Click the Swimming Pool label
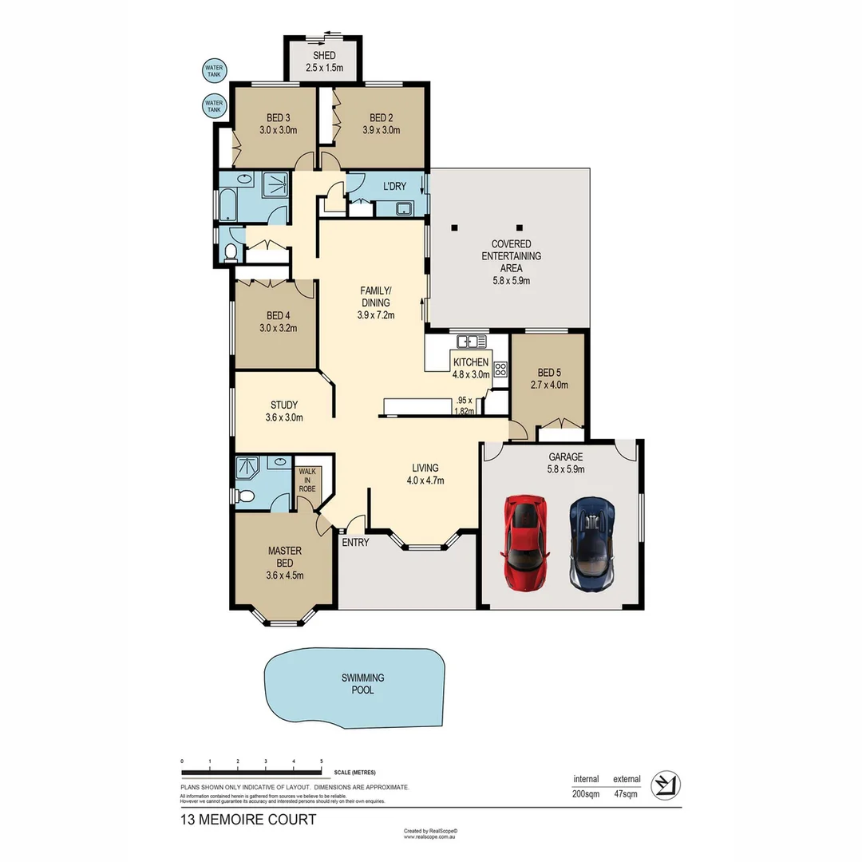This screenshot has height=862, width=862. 363,684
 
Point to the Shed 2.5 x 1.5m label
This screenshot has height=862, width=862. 323,62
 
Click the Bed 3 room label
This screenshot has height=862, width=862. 278,124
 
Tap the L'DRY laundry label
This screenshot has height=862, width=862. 394,186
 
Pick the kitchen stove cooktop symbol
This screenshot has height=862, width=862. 500,370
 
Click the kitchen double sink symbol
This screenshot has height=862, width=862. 472,342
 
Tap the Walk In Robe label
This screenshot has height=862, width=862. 307,480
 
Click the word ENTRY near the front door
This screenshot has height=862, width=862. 355,543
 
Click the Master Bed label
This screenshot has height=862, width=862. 283,562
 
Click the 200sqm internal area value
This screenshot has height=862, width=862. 586,794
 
